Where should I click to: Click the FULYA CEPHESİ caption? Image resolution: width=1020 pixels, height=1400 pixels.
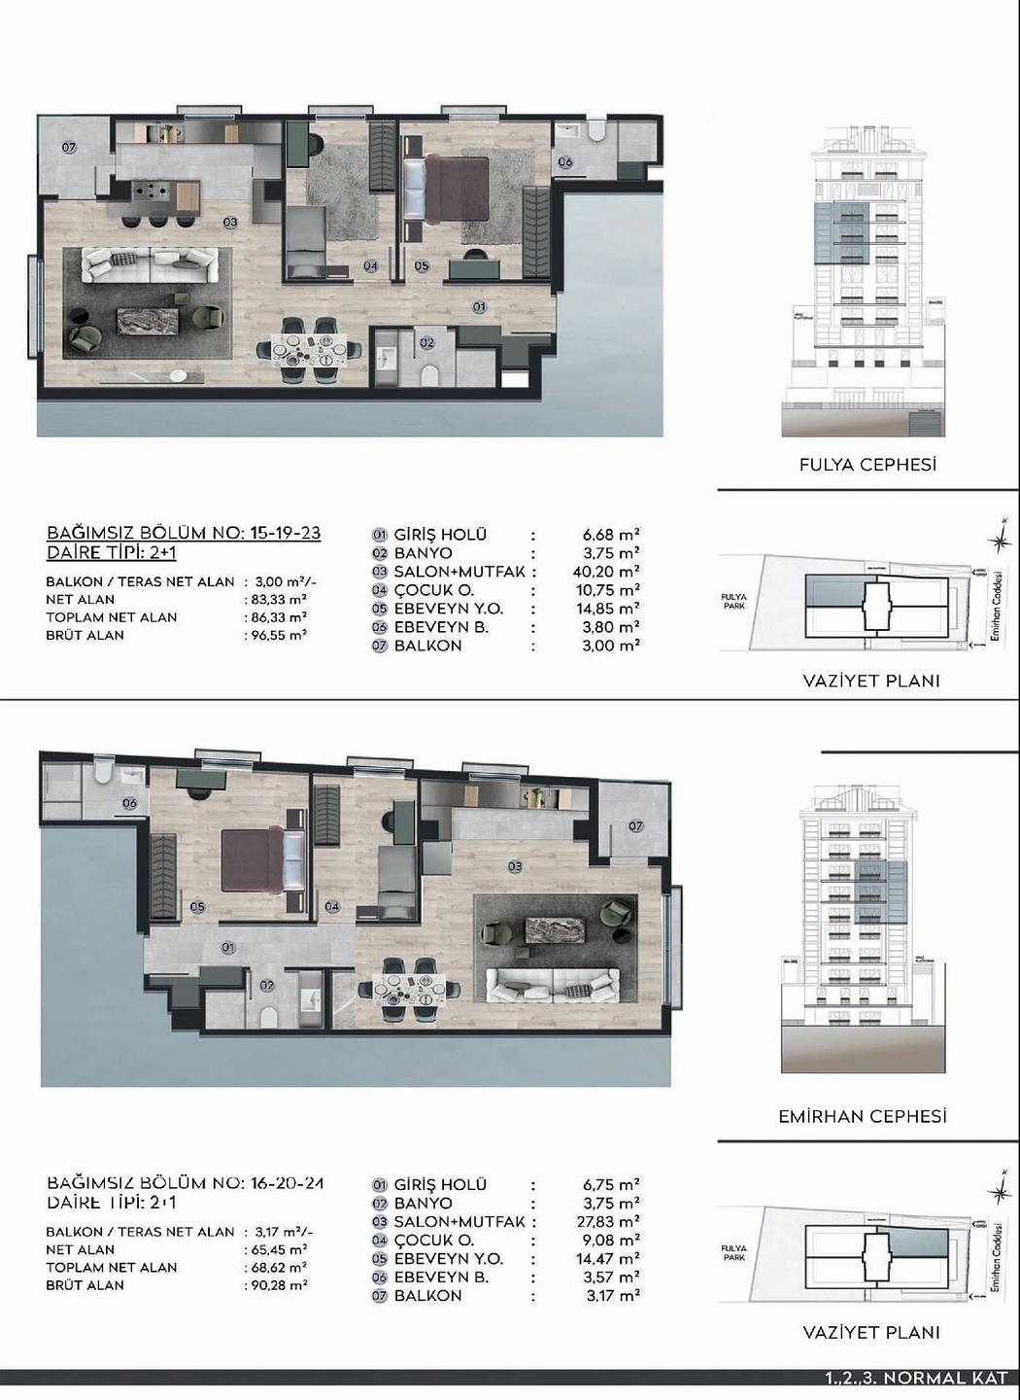[867, 465]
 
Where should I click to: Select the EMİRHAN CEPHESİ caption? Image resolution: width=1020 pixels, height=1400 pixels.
[862, 1116]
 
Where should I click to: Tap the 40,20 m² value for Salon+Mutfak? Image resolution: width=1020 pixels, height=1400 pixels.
[606, 572]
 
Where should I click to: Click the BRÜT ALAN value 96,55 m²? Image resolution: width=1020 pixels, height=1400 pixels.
[278, 635]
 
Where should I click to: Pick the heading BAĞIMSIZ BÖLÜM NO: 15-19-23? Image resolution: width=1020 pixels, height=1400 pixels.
[184, 533]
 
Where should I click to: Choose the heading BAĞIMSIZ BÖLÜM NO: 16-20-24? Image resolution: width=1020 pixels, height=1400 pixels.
[185, 1183]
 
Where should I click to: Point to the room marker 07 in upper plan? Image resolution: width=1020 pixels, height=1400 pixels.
[69, 148]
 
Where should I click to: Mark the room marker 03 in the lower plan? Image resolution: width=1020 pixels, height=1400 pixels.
[515, 866]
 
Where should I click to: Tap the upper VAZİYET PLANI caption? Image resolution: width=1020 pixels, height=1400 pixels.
[870, 681]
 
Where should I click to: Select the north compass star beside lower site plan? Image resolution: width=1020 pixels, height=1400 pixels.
[997, 1192]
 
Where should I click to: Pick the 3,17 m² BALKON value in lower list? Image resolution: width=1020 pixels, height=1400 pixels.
[611, 1295]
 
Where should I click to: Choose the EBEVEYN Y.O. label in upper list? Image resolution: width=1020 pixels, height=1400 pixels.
[449, 609]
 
